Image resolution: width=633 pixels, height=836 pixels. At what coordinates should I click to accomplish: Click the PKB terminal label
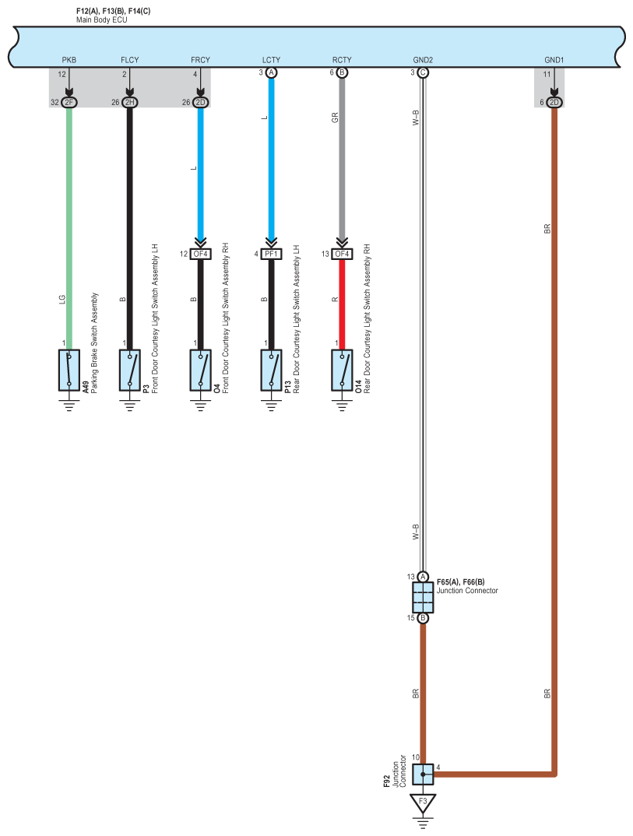(69, 60)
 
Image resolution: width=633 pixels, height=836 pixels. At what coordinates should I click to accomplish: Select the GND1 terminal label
(554, 60)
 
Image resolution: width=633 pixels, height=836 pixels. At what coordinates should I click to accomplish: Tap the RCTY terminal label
(341, 60)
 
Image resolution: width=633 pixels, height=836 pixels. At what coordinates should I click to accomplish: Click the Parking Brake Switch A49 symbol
(69, 370)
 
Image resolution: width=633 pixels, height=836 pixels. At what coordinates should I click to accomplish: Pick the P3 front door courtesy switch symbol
(130, 370)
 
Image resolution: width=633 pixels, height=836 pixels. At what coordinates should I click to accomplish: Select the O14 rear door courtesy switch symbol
(341, 370)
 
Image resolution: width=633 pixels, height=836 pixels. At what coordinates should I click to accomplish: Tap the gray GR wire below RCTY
(341, 156)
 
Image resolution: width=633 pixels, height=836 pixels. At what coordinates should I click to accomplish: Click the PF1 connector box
(271, 254)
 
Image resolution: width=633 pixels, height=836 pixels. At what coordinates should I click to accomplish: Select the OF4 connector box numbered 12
(201, 254)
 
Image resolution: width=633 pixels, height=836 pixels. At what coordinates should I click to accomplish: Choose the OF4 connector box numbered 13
(341, 254)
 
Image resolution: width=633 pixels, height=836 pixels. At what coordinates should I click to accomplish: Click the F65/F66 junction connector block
(423, 598)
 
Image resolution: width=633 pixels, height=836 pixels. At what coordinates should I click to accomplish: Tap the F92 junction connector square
(423, 775)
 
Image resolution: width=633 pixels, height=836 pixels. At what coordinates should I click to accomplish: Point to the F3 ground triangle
(423, 802)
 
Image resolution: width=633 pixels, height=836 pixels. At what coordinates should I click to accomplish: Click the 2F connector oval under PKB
(69, 102)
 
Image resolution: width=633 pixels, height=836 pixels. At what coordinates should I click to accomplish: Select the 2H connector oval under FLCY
(130, 102)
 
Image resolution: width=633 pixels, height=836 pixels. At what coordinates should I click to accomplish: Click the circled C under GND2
(423, 72)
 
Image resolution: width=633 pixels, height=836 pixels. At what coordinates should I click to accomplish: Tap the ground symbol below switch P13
(271, 404)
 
